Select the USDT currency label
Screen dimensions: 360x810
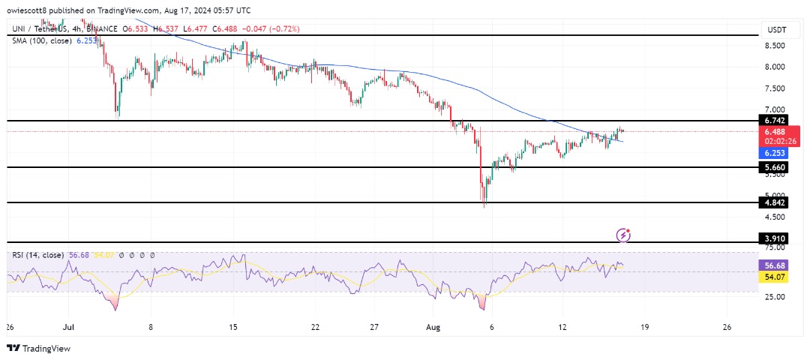(776, 30)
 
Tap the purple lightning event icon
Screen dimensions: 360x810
(623, 235)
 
